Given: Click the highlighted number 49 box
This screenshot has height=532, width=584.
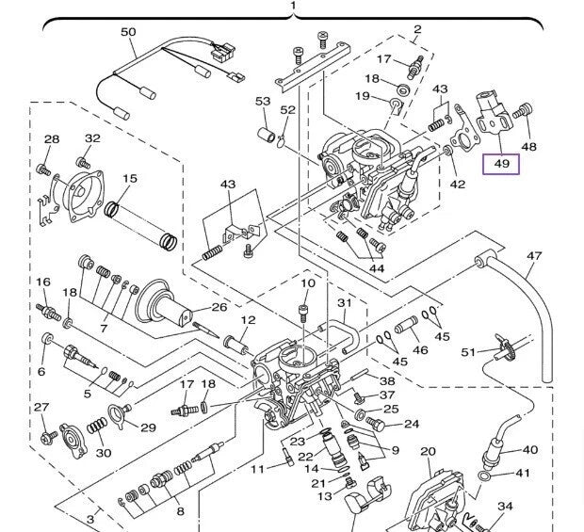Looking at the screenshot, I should [501, 164].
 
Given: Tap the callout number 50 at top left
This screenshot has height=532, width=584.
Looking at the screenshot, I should [129, 33].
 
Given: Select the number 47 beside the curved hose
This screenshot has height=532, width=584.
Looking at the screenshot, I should [534, 256].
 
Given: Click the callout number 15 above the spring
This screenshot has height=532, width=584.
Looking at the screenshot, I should [129, 179].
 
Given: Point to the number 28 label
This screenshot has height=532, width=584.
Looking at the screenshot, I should [52, 139].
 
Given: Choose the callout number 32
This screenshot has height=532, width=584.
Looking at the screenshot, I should [92, 138].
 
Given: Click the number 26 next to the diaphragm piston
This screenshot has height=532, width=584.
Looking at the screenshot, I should [219, 307].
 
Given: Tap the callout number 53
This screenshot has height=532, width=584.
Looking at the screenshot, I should [263, 101].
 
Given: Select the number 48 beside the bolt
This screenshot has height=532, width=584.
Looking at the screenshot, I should [529, 147].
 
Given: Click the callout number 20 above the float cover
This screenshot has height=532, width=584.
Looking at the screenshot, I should [428, 452].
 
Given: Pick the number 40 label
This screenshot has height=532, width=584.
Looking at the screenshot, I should [529, 450].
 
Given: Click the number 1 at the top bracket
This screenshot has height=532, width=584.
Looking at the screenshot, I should [293, 7].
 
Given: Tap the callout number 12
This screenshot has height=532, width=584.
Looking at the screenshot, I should [247, 321].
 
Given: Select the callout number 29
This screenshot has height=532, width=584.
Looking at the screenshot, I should [148, 428].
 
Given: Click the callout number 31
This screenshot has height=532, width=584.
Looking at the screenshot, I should [345, 303].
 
